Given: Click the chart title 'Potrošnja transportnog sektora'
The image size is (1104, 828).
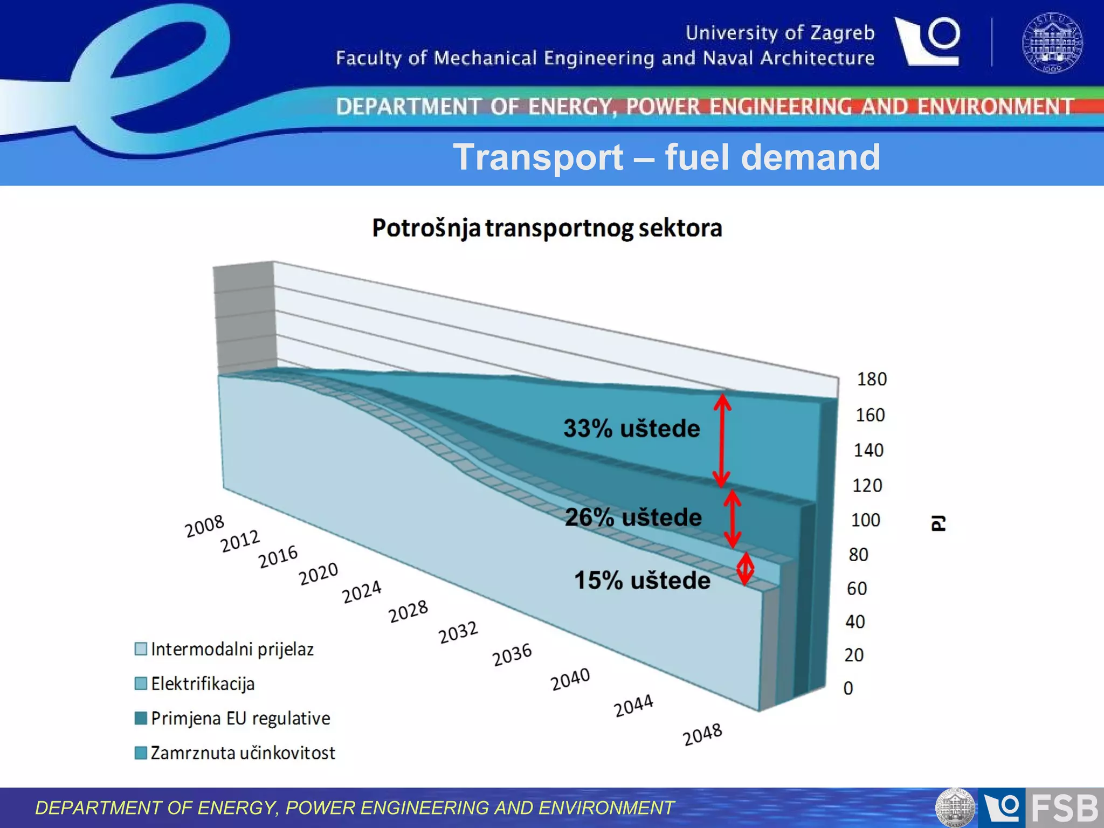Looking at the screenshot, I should click(x=547, y=228).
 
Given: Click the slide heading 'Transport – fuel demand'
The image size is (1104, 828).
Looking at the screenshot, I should click(x=666, y=157).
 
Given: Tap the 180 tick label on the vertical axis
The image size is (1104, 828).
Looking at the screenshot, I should click(x=871, y=379).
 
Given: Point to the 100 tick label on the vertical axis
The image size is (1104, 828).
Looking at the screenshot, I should click(x=865, y=520).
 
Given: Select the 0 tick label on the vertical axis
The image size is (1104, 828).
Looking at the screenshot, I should click(x=848, y=688).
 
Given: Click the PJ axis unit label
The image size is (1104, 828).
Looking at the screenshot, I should click(x=938, y=522).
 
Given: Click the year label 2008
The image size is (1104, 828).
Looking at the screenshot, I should click(x=204, y=526).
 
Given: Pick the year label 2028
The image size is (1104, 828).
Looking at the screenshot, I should click(x=408, y=611).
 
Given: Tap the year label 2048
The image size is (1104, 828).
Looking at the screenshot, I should click(x=702, y=734).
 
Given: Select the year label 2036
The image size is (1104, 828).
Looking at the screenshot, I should click(x=512, y=654).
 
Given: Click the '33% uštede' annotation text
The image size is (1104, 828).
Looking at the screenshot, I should click(x=631, y=429).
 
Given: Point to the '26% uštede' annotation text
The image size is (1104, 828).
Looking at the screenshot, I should click(x=633, y=517).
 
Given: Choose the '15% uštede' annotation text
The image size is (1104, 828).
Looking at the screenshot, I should click(x=641, y=581).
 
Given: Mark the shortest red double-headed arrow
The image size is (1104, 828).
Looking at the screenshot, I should click(x=745, y=568).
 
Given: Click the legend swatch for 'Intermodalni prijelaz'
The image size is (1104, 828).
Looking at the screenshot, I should click(x=141, y=648).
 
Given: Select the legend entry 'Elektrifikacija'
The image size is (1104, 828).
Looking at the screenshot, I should click(x=202, y=684).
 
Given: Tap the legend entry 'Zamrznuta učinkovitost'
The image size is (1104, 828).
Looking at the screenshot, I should click(x=243, y=753).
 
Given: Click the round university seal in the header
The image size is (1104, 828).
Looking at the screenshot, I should click(x=1052, y=43).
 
